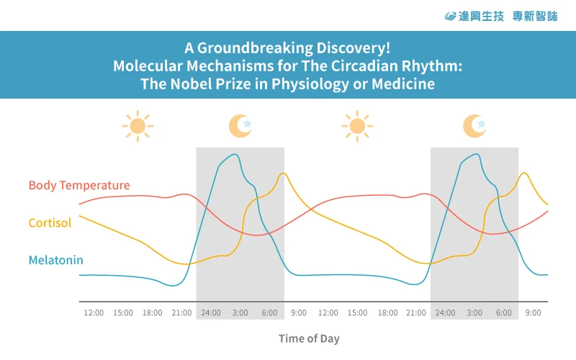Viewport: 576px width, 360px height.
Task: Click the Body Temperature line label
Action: pos(79,185)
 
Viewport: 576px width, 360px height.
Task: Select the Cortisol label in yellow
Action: pos(50,223)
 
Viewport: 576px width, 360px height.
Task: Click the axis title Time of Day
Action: pos(309,338)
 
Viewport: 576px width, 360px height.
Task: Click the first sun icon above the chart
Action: pos(138,126)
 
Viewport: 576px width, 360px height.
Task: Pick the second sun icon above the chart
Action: pos(357,126)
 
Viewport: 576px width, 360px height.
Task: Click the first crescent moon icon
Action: pos(240,126)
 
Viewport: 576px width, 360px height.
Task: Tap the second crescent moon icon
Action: pos(474,126)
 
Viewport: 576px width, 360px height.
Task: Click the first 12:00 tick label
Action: pos(94,313)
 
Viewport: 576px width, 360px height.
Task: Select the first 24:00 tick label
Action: pos(211,313)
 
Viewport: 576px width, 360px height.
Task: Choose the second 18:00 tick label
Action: pos(387,313)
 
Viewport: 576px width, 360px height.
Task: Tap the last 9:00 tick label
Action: pos(533,313)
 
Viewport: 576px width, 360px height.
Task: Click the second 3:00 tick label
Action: pos(474,313)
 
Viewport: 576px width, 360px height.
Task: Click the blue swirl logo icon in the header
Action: pos(450,16)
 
